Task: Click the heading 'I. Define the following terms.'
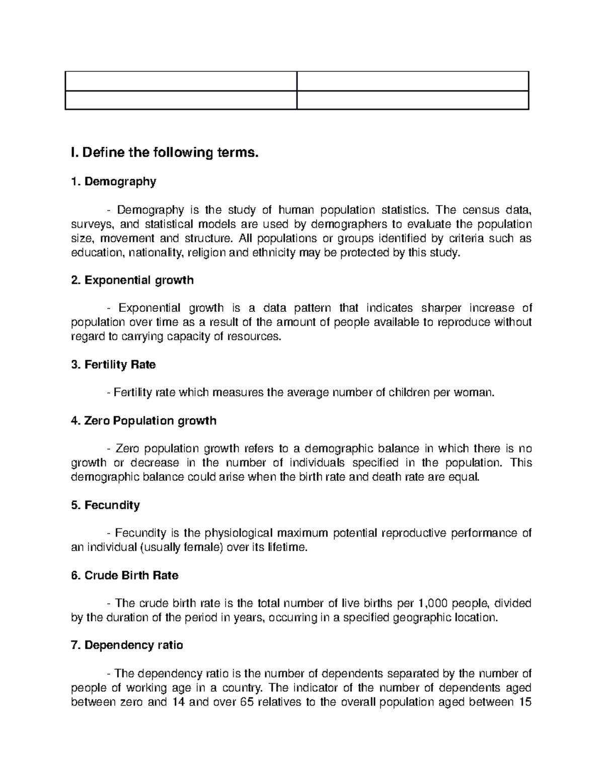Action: [165, 152]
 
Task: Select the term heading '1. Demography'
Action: [114, 182]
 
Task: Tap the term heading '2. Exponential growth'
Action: [132, 280]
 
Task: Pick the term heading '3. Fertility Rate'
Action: [114, 365]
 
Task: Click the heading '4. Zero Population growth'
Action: [144, 420]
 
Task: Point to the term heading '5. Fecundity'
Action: [106, 505]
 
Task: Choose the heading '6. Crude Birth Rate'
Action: [125, 575]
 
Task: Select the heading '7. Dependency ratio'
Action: [127, 645]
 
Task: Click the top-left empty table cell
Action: [181, 81]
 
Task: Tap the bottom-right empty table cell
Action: [412, 100]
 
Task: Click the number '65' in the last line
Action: [247, 702]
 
